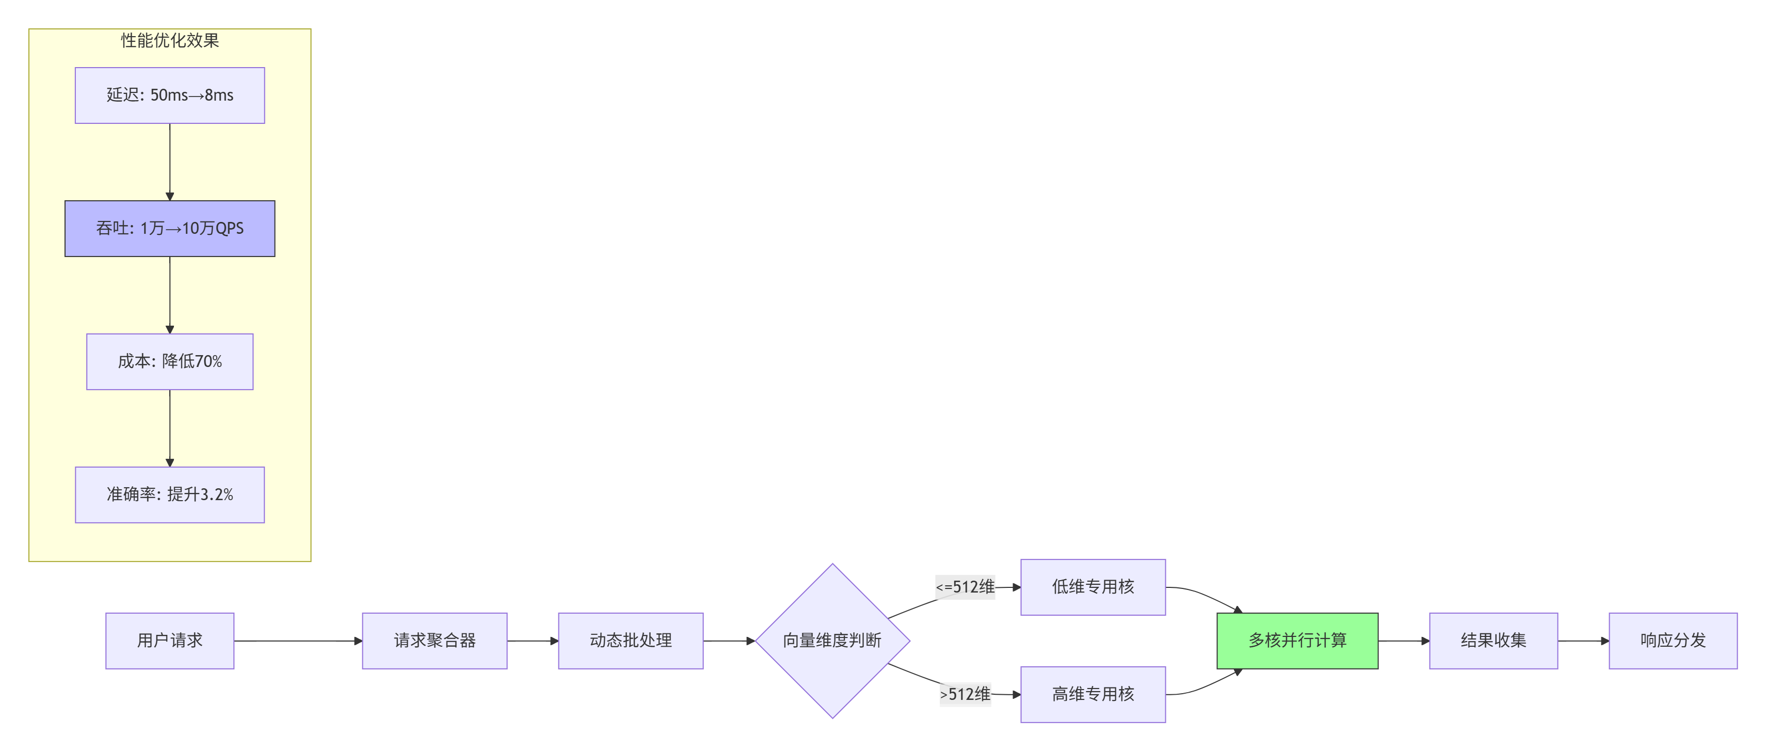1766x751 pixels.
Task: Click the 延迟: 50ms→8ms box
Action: point(169,95)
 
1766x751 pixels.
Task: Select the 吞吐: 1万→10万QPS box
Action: point(169,228)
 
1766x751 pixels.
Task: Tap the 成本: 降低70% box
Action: point(169,361)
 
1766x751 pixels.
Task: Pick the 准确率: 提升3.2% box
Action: point(169,494)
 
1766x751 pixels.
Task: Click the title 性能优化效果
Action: point(169,40)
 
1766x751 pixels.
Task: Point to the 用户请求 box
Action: point(169,641)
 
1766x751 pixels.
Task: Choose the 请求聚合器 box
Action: point(434,641)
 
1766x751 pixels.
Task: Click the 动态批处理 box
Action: point(630,641)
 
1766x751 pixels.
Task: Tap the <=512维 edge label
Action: point(965,587)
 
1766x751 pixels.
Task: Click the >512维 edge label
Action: point(965,694)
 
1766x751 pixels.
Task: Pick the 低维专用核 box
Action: point(1092,587)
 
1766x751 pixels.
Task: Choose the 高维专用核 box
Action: point(1092,694)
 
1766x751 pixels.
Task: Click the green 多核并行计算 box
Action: point(1296,641)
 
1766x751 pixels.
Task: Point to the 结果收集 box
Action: point(1492,641)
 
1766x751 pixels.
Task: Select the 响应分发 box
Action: point(1672,641)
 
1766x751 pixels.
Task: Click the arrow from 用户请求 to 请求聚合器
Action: point(298,641)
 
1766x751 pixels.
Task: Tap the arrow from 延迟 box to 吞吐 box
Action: point(169,162)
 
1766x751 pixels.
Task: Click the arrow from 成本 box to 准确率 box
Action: point(169,428)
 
